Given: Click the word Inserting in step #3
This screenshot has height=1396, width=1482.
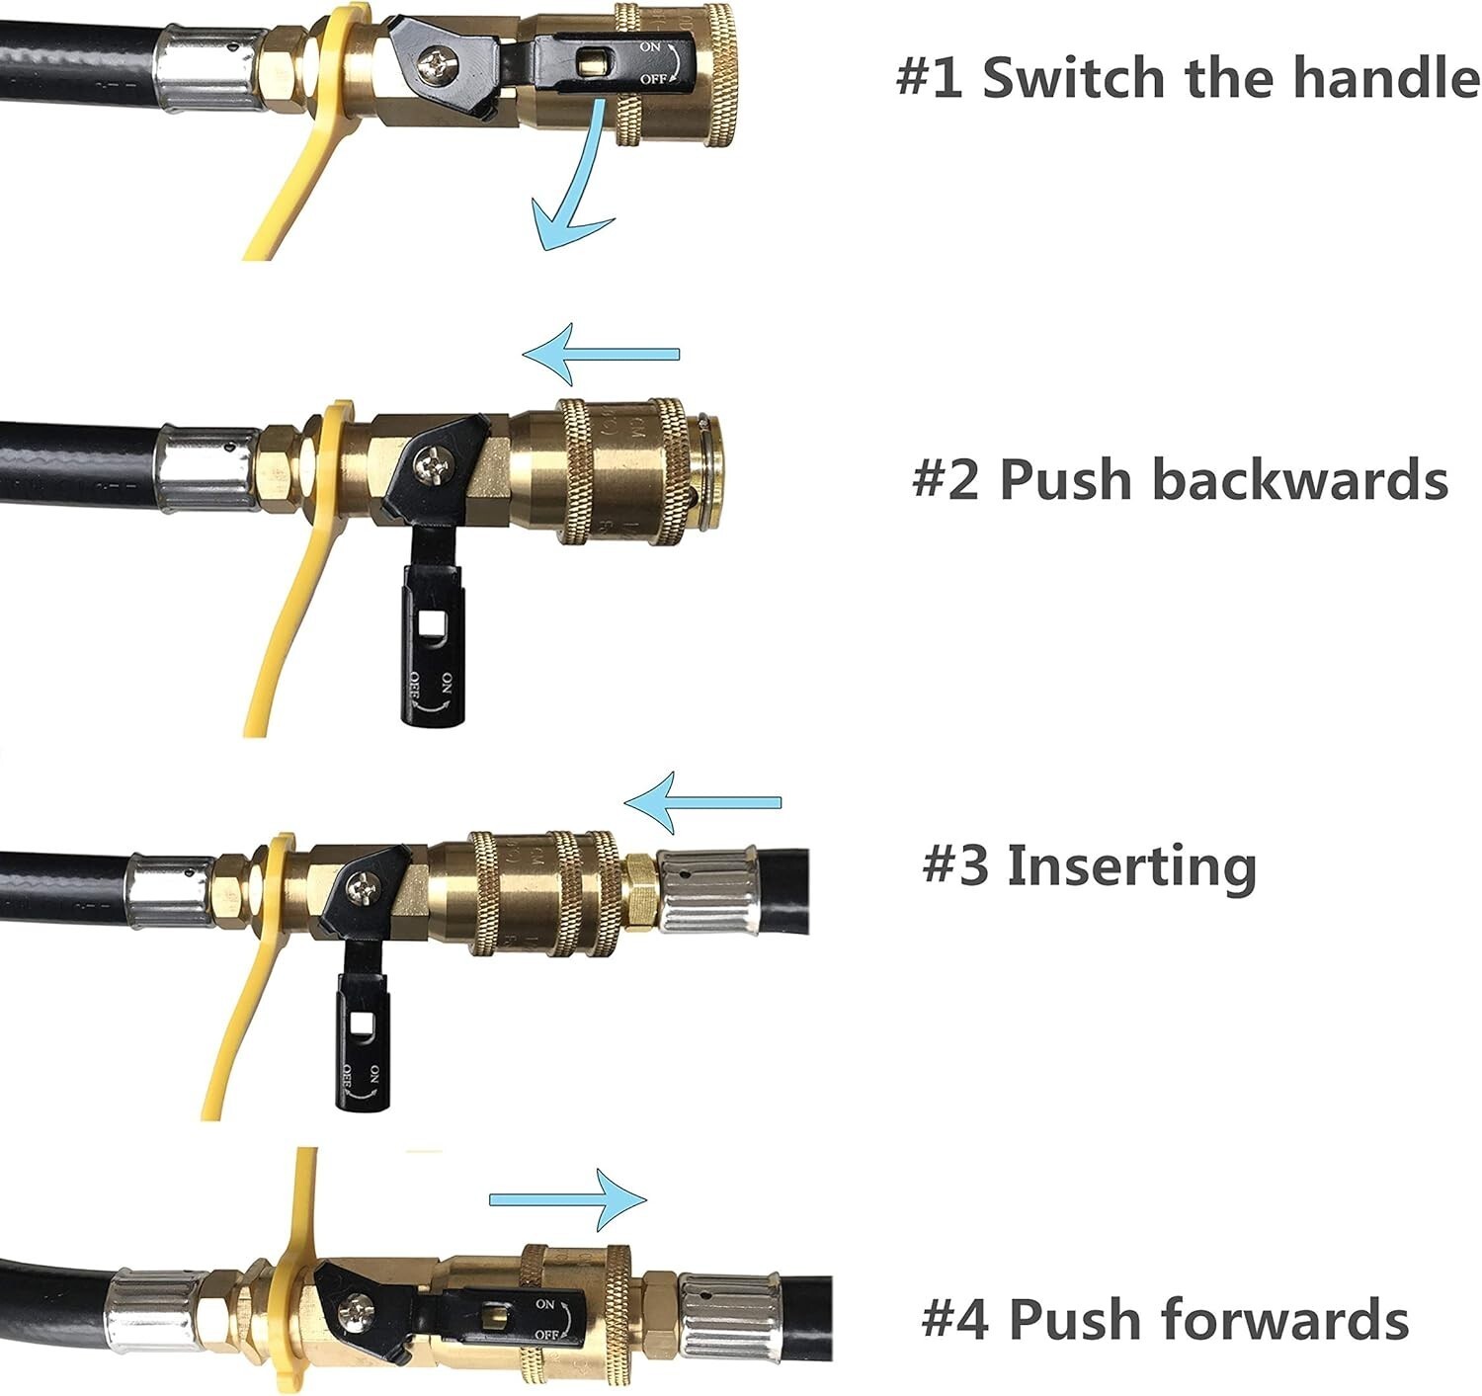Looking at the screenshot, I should click(x=1130, y=866).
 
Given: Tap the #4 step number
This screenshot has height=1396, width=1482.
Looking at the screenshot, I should click(x=955, y=1319).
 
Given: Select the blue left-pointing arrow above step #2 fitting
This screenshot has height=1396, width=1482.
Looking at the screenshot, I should click(x=601, y=354).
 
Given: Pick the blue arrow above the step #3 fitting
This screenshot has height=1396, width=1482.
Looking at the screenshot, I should click(x=702, y=802).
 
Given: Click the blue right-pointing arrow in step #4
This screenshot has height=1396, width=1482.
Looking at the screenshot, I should click(x=568, y=1199).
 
